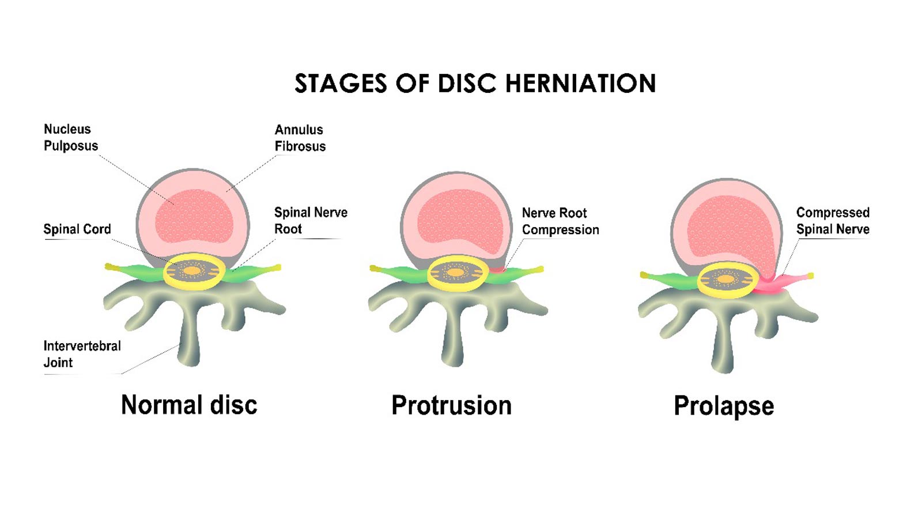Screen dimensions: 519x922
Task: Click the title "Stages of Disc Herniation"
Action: [x=475, y=84]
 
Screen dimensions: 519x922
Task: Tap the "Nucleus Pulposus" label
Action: [x=70, y=137]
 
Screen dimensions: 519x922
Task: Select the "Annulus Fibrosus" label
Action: [x=300, y=138]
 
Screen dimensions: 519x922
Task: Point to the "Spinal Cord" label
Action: [x=77, y=229]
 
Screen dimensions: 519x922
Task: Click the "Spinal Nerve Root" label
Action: [x=310, y=220]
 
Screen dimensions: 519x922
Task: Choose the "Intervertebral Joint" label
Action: [x=82, y=354]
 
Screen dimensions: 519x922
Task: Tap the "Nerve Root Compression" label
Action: [x=560, y=221]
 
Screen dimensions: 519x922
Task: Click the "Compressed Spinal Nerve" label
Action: [x=832, y=221]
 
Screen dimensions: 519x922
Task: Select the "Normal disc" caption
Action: [x=189, y=405]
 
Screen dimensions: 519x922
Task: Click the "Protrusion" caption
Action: [x=451, y=405]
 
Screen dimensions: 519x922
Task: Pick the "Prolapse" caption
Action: [x=723, y=406]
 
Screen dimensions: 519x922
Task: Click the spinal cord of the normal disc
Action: [x=193, y=270]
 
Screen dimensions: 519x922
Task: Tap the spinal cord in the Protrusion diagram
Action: [x=457, y=272]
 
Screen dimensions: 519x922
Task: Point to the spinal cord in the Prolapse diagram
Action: [x=726, y=280]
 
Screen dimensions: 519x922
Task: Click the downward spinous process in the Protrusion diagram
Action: [x=452, y=340]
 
